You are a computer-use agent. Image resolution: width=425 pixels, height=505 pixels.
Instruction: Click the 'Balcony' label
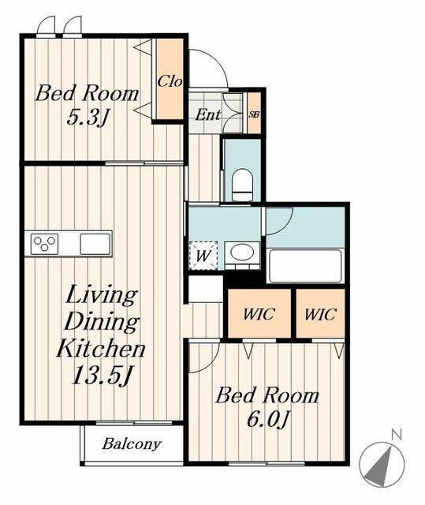click(132, 444)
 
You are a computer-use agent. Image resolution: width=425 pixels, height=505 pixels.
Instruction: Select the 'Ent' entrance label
click(208, 114)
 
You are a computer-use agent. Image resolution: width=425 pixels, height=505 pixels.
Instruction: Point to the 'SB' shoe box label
click(253, 114)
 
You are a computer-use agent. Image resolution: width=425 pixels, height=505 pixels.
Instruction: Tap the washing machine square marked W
click(203, 256)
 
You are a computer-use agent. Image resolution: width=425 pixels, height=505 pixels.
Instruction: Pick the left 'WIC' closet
click(259, 313)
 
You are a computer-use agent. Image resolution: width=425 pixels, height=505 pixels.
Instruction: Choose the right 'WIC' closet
click(320, 313)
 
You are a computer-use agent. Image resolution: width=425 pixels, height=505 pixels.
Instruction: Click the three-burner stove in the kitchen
click(44, 243)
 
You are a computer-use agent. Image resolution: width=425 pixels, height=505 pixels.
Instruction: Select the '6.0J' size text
click(267, 419)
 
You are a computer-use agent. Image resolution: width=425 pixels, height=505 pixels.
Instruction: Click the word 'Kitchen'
click(100, 348)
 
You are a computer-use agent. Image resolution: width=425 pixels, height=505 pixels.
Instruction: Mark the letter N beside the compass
click(397, 434)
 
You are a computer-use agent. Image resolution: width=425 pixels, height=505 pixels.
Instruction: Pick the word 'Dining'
click(101, 322)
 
